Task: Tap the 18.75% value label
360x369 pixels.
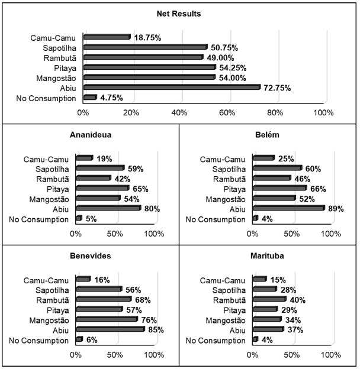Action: (x=147, y=37)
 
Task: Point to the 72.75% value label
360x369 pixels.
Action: (x=277, y=88)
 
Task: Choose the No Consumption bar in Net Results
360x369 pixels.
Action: (x=89, y=98)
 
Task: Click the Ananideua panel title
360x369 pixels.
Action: (x=90, y=134)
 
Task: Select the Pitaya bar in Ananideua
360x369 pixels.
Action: (x=101, y=189)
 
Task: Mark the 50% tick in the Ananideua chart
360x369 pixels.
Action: (x=115, y=234)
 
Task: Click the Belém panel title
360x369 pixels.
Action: (x=268, y=134)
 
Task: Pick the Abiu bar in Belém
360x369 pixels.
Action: (x=288, y=209)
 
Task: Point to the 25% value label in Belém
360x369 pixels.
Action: (x=285, y=158)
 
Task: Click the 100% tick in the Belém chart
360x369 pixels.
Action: (x=332, y=234)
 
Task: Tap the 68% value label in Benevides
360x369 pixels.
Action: (x=143, y=300)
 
